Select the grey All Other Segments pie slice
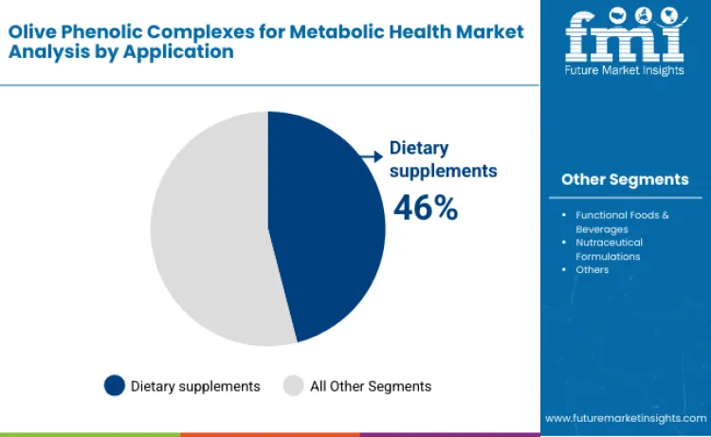(209, 232)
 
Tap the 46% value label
(426, 208)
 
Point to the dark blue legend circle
(114, 386)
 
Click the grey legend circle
(294, 386)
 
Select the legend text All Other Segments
(371, 386)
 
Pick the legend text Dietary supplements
(195, 386)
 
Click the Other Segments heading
(625, 179)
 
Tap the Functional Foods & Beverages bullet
(622, 222)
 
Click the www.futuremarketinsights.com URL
(625, 417)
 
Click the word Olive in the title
(33, 31)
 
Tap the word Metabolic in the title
(337, 31)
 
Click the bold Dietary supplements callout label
(443, 160)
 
